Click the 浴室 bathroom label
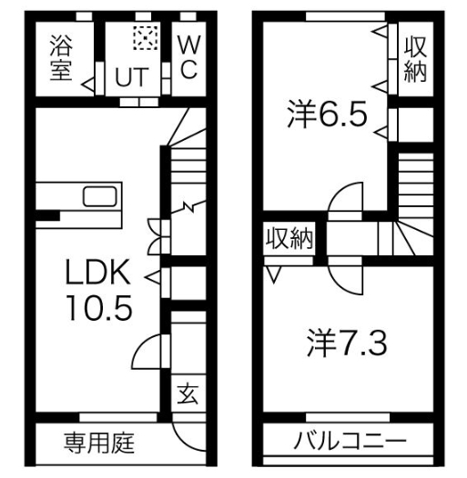pyautogui.click(x=61, y=58)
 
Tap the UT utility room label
pyautogui.click(x=129, y=79)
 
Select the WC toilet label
pyautogui.click(x=187, y=58)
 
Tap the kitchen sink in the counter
pyautogui.click(x=99, y=197)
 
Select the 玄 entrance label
pyautogui.click(x=187, y=394)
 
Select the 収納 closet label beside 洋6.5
pyautogui.click(x=415, y=59)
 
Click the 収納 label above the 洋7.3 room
pyautogui.click(x=289, y=238)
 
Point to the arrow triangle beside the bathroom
pyautogui.click(x=88, y=85)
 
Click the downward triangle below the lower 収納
pyautogui.click(x=272, y=271)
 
